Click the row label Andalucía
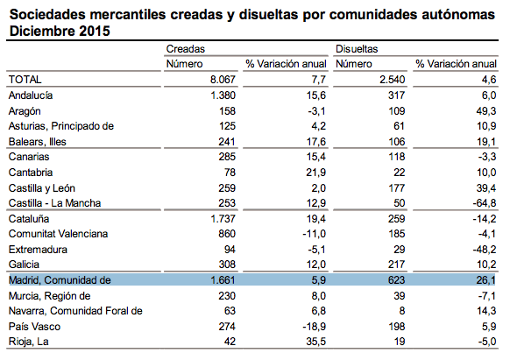pos(31,95)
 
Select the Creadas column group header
pos(186,49)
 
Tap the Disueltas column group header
pos(357,49)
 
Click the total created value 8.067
pos(223,80)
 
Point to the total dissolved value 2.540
pos(393,80)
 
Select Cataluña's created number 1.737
pos(223,218)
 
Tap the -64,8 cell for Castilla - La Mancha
pos(485,203)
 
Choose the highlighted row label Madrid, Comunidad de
pos(60,280)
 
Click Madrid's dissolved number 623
pos(396,280)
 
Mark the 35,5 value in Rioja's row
pos(315,342)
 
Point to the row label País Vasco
pos(34,327)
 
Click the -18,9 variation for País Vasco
pos(315,327)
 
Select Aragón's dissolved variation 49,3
pos(486,111)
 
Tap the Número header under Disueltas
pos(353,64)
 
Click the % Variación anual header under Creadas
pos(286,64)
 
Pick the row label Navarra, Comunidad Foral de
pos(75,311)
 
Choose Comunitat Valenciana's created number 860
pos(227,234)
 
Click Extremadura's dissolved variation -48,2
pos(485,250)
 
